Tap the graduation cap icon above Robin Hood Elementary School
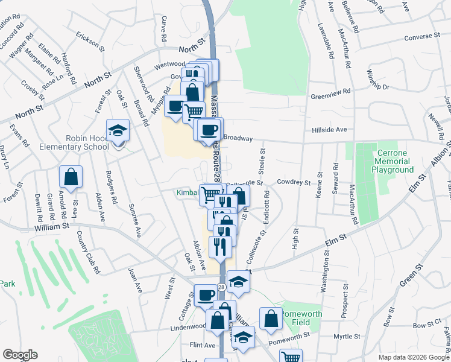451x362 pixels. tap(118, 130)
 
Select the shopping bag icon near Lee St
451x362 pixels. tap(71, 177)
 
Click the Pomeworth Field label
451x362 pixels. tap(302, 319)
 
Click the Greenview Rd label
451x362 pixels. tap(330, 95)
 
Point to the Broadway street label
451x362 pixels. tap(238, 138)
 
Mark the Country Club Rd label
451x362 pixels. tap(86, 253)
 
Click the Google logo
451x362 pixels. tap(20, 355)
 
